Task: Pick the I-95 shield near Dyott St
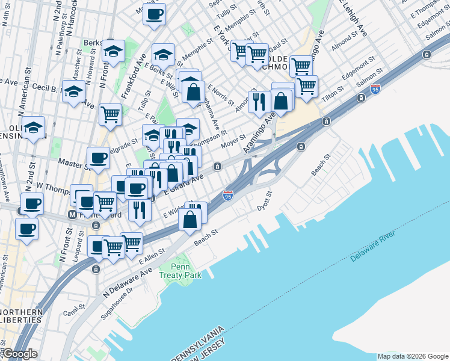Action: [227, 196]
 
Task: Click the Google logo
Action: [20, 354]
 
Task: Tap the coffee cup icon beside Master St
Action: [98, 158]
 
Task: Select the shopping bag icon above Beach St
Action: [190, 220]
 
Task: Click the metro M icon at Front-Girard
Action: [72, 214]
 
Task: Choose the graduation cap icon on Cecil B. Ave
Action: [73, 92]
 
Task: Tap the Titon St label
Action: [332, 88]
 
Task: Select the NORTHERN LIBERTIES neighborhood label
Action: [21, 316]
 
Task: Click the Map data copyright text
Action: [413, 356]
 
